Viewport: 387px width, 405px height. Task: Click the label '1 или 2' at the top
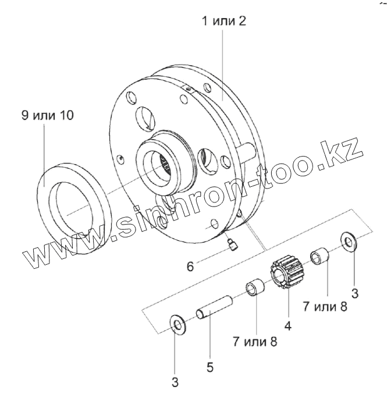tap(224, 22)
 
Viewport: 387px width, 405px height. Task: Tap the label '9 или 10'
tap(47, 115)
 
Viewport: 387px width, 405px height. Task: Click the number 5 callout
tap(210, 367)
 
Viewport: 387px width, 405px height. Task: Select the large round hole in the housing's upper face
tap(144, 118)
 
